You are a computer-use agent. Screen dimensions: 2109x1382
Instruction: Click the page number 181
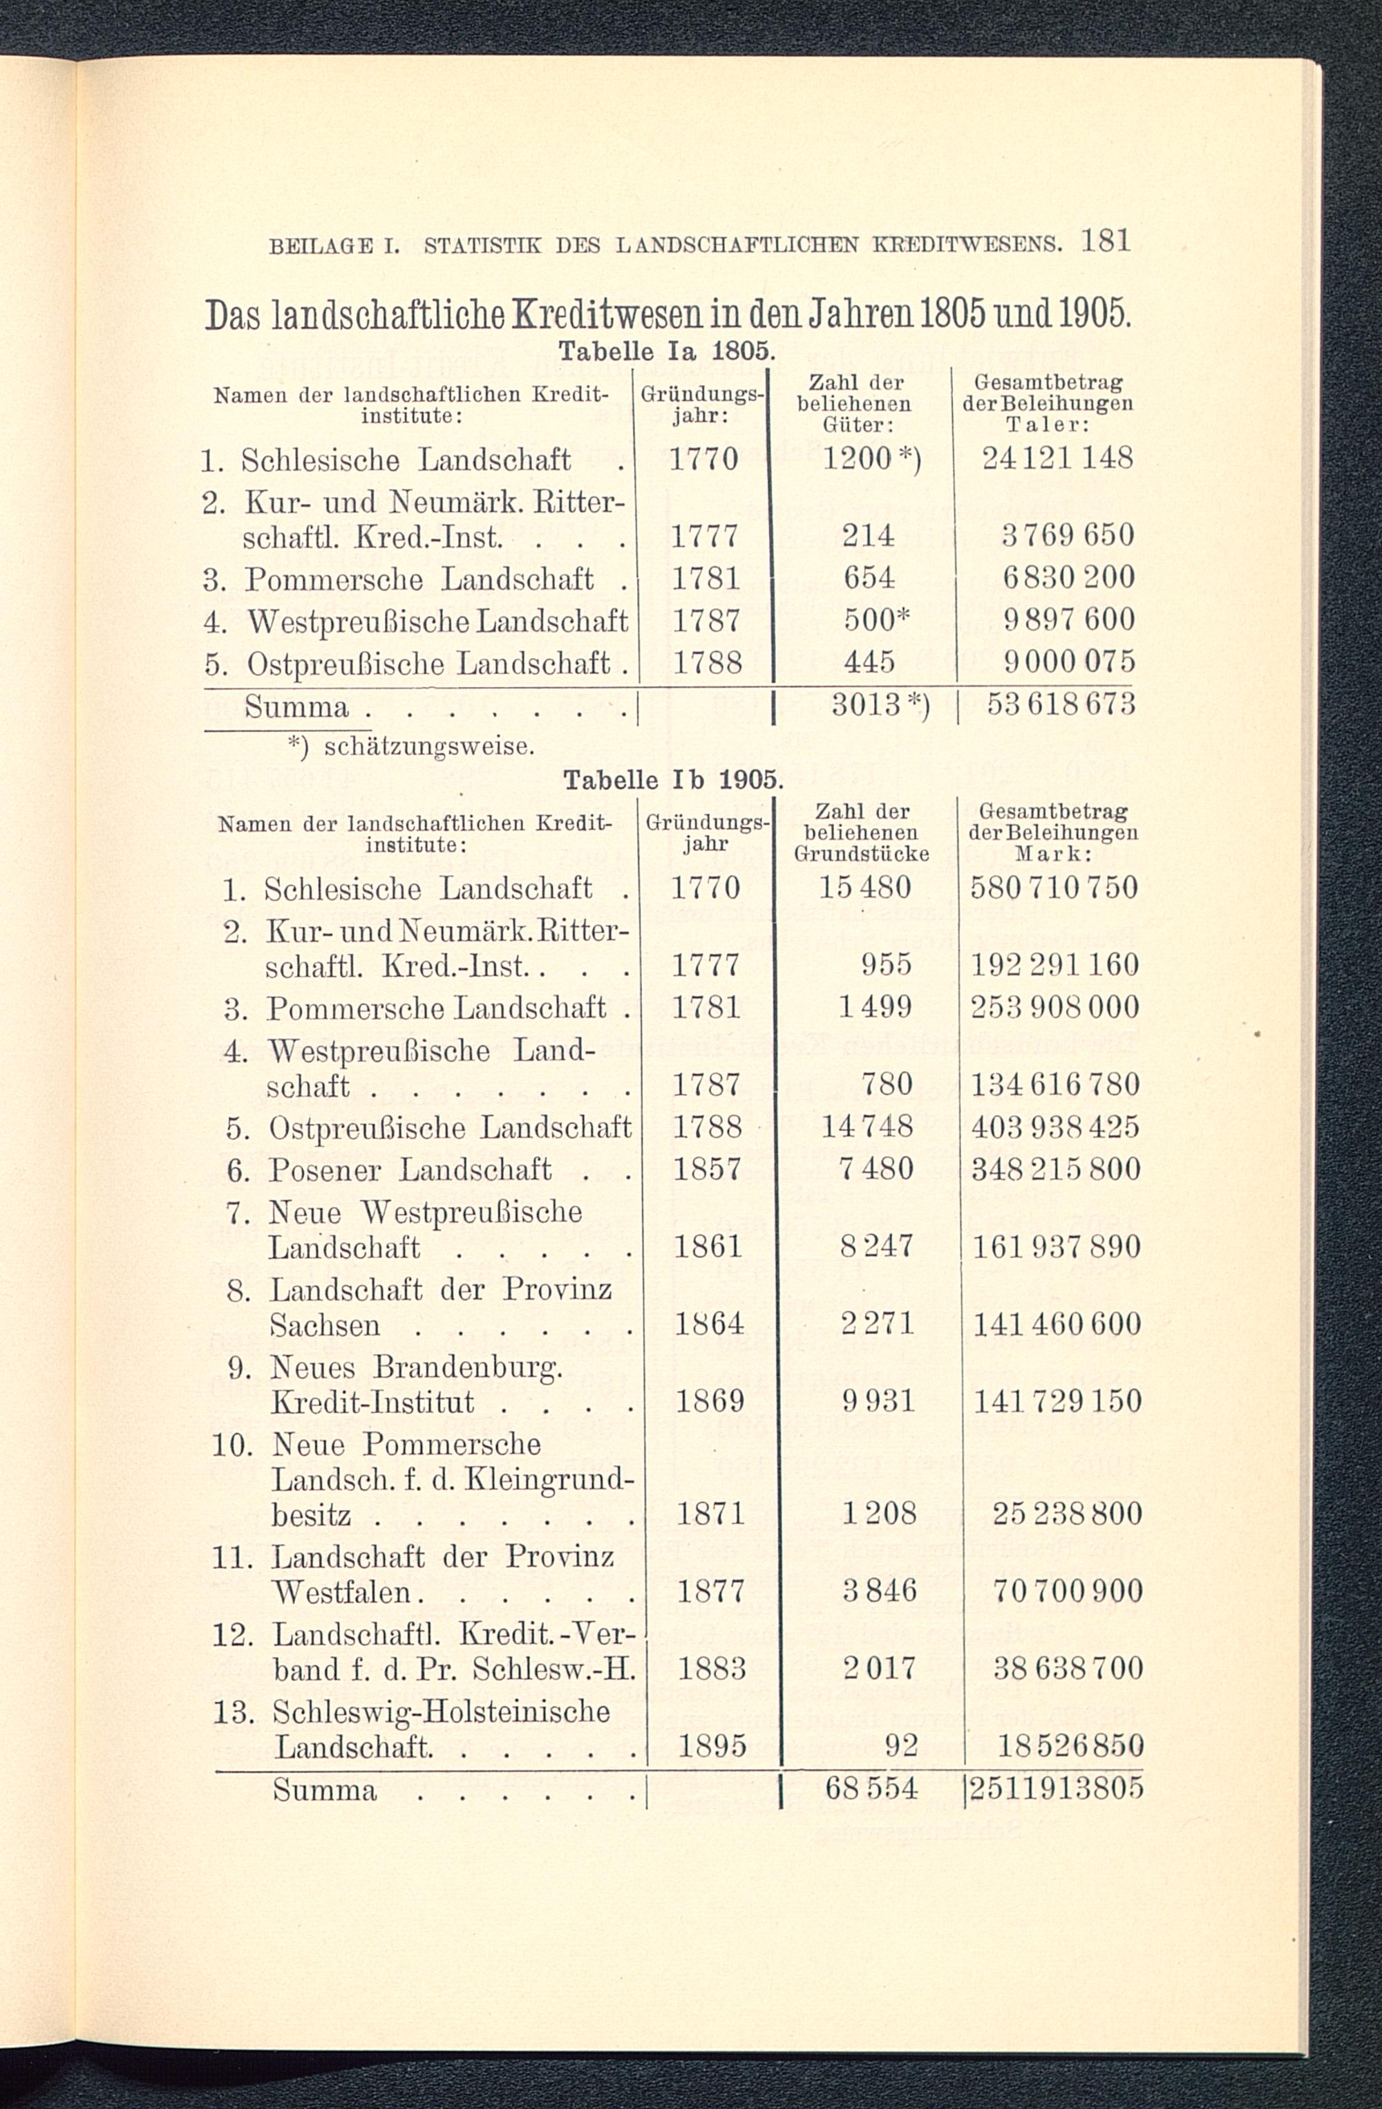1106,241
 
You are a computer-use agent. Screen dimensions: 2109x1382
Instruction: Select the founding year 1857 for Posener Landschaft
706,1170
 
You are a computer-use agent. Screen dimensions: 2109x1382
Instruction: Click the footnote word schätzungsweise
429,746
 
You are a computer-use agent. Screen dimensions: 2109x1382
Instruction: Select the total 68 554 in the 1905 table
871,1788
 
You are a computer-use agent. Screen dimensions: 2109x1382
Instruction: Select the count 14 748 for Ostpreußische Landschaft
867,1127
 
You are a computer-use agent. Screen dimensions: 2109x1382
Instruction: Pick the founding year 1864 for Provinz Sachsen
708,1324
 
